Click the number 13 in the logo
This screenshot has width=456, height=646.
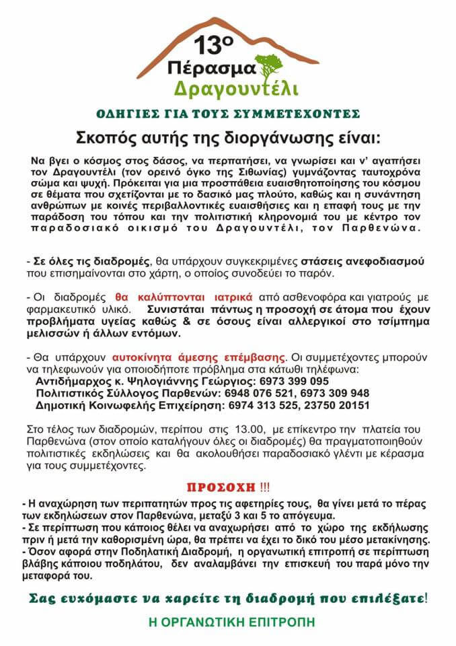point(209,46)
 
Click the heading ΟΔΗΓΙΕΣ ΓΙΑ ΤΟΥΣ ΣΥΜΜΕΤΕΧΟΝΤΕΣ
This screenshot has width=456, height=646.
point(228,113)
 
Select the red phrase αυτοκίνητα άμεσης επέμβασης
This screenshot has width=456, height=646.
point(232,355)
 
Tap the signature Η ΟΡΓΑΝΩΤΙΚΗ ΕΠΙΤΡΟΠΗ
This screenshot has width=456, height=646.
point(228,621)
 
